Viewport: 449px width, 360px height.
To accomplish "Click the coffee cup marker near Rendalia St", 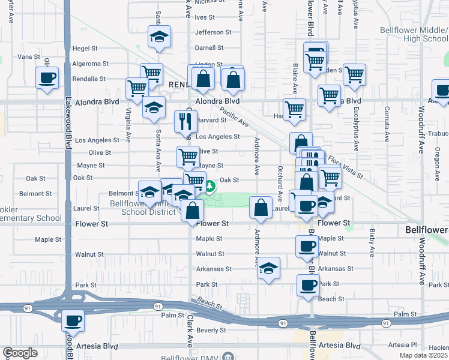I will (47, 77).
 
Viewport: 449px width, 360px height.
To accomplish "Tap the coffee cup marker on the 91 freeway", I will (73, 320).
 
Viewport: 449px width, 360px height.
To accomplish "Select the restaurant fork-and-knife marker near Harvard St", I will (185, 121).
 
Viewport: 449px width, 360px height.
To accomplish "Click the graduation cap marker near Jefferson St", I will (159, 37).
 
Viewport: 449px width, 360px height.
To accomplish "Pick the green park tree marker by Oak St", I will (209, 187).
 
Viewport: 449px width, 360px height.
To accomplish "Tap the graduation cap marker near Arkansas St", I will (269, 268).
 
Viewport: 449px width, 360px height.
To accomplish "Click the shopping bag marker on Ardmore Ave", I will (261, 208).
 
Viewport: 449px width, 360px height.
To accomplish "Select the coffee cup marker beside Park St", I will (309, 285).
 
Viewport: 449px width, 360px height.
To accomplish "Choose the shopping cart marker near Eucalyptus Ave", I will (354, 74).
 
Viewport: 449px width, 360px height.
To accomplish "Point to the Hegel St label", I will (80, 48).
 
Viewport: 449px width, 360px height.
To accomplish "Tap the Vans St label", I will (28, 56).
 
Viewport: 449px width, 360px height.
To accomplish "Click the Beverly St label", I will (211, 330).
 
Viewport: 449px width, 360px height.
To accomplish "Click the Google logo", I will (20, 353).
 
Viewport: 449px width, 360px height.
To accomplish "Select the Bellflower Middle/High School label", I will (414, 34).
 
